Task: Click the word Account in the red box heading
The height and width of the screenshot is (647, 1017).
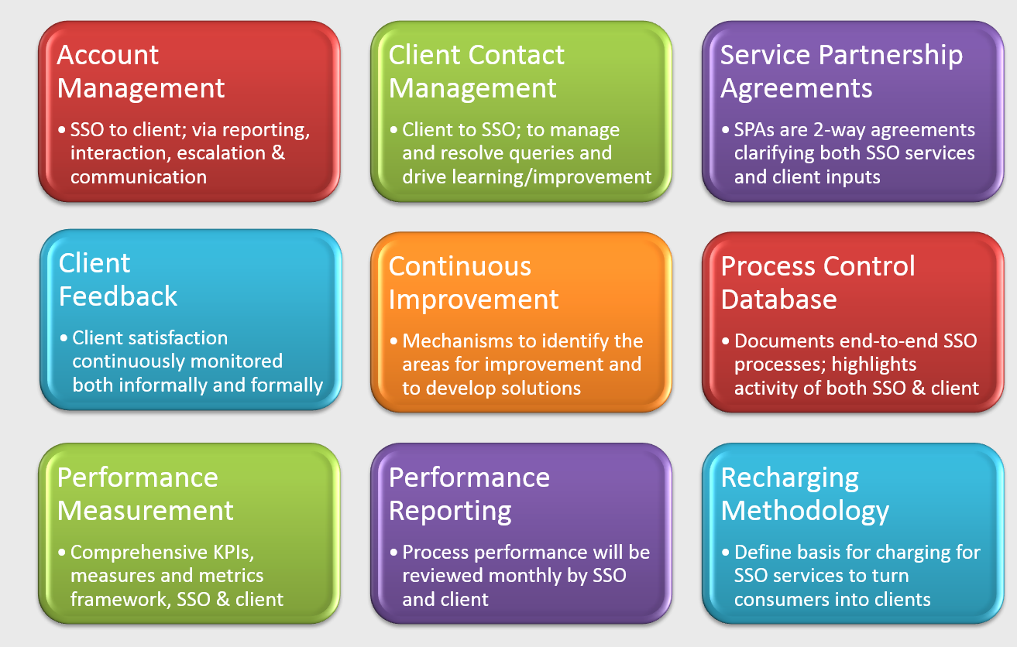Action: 108,56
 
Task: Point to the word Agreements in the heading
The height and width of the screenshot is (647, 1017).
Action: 796,89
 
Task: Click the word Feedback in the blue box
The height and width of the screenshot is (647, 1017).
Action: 118,296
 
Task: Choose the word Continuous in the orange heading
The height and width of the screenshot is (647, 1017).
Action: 460,267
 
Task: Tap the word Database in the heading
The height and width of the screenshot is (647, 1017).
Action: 778,300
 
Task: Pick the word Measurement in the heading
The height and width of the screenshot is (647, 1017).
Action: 145,511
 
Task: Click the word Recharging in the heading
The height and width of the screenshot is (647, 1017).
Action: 789,478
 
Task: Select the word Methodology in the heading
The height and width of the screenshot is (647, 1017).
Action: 805,511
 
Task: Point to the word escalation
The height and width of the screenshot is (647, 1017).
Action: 224,153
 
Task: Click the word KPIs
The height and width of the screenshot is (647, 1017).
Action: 228,553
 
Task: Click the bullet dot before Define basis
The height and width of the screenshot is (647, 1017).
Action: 726,553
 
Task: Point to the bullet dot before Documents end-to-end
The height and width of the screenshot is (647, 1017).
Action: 726,341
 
